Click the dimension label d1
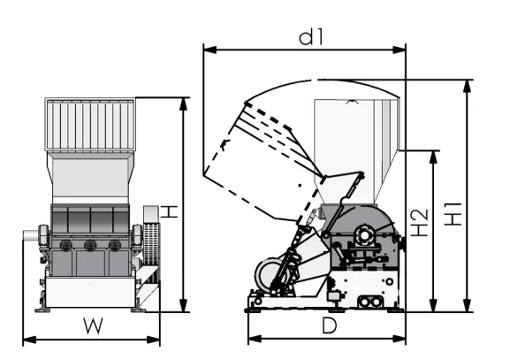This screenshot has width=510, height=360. (307, 37)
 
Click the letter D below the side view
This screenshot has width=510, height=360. (329, 326)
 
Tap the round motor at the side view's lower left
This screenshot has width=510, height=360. (270, 276)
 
